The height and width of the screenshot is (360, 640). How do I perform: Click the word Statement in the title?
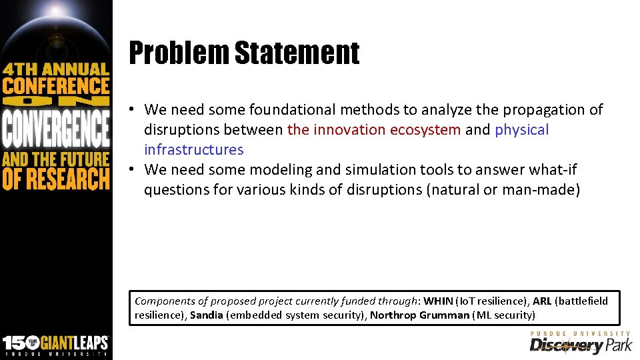[297, 53]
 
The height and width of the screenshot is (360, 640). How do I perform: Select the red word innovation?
[352, 129]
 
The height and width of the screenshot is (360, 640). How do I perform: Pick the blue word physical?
[522, 129]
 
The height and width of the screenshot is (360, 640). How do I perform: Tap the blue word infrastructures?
[194, 149]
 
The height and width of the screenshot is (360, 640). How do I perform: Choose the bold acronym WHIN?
[438, 301]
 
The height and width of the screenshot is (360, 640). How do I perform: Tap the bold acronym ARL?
[542, 301]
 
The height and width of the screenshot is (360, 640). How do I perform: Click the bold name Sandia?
[207, 315]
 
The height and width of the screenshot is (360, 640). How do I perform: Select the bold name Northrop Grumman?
[419, 315]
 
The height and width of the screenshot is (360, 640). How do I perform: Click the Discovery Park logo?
[580, 343]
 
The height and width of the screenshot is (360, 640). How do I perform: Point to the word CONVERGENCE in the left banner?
[55, 129]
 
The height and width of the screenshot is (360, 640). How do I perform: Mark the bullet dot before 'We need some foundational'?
[134, 109]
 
